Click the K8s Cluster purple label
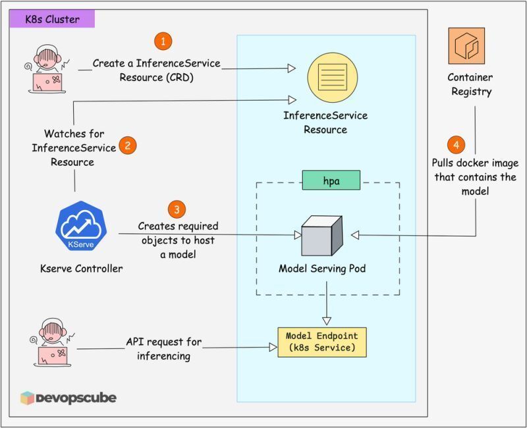(x=51, y=18)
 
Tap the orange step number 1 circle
(x=163, y=41)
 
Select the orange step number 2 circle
(x=127, y=146)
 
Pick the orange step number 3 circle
(x=176, y=210)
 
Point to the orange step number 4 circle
(x=455, y=145)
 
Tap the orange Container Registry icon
(x=466, y=45)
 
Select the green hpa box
(x=331, y=180)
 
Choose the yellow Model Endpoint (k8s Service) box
(x=321, y=342)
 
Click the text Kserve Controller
(x=82, y=269)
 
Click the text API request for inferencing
(x=164, y=349)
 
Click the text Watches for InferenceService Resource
(x=74, y=147)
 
